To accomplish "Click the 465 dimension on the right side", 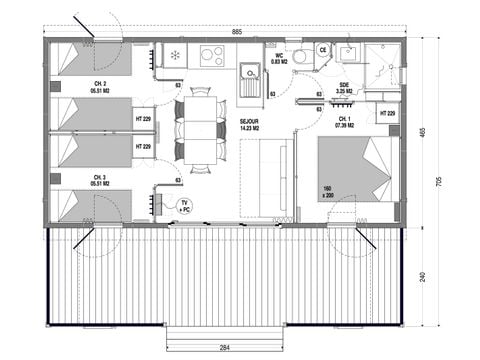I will tap(423, 132).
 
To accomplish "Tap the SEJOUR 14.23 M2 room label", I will tap(250, 125).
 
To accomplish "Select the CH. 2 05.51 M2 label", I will tap(100, 84).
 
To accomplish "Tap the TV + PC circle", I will tap(184, 206).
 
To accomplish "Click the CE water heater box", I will tap(323, 49).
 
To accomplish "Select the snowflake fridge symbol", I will tap(176, 54).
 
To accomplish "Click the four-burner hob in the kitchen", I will tap(212, 55).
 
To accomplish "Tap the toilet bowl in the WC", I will tap(302, 57).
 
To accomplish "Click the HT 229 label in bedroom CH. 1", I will tap(388, 114).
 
